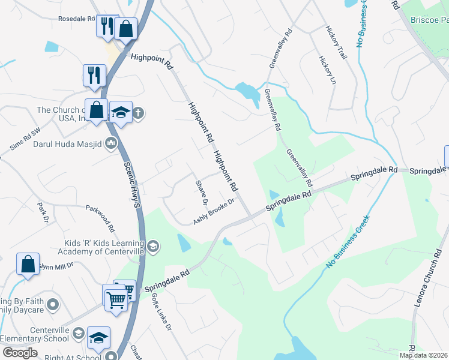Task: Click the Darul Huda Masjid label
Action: click(x=71, y=144)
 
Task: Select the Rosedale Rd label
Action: click(x=76, y=19)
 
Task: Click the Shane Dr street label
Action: click(x=202, y=191)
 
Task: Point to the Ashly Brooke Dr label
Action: click(x=214, y=211)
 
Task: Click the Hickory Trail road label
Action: click(x=336, y=41)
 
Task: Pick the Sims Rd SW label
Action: click(x=25, y=142)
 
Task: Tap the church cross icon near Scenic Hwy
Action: click(x=138, y=113)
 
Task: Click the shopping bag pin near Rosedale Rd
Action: click(x=126, y=28)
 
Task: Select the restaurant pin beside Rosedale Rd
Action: click(x=107, y=26)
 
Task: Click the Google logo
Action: click(x=20, y=353)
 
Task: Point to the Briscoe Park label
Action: click(x=429, y=20)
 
